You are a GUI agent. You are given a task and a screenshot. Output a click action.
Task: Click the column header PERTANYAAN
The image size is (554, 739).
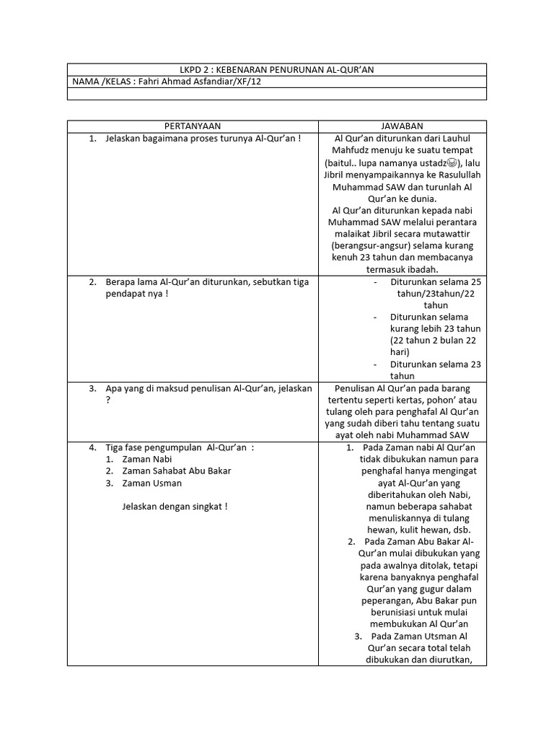193,126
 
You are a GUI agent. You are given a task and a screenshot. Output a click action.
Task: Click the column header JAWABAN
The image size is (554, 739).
403,126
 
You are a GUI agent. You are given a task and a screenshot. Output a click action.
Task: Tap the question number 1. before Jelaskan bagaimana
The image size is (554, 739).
93,139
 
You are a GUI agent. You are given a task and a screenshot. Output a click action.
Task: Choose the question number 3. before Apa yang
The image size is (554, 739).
93,388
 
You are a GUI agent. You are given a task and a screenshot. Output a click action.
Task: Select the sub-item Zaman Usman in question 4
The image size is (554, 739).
151,483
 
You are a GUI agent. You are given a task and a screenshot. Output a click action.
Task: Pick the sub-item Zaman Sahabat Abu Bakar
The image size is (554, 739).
177,471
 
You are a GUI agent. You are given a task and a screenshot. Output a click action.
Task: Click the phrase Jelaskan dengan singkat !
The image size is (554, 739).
175,507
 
